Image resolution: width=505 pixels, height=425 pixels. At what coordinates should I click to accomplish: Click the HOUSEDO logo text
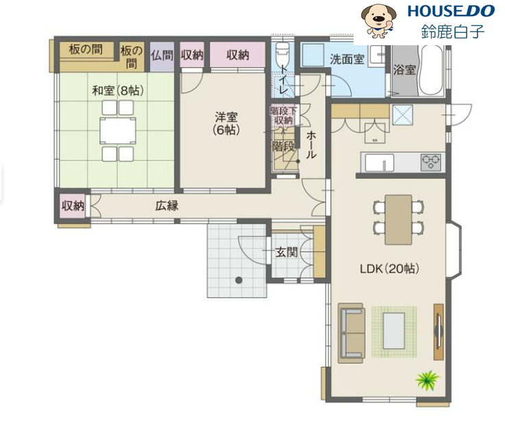pyautogui.click(x=451, y=11)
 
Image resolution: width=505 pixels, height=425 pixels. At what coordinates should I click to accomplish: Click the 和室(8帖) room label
pyautogui.click(x=118, y=90)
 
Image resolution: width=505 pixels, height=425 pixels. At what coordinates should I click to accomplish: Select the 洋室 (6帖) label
pyautogui.click(x=226, y=123)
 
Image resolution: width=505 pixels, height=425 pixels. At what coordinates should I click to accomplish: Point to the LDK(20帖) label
pyautogui.click(x=389, y=269)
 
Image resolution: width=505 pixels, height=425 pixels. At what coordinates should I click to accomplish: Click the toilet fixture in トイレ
pyautogui.click(x=283, y=53)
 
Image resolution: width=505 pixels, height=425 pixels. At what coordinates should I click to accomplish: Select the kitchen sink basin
pyautogui.click(x=379, y=163)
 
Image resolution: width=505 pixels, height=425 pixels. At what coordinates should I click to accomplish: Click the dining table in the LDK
pyautogui.click(x=398, y=219)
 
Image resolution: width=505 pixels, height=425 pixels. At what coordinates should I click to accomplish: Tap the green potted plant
pyautogui.click(x=428, y=380)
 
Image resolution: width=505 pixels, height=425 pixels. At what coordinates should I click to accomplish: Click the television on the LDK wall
pyautogui.click(x=439, y=331)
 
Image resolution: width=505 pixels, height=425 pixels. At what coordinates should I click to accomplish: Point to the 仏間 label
pyautogui.click(x=162, y=56)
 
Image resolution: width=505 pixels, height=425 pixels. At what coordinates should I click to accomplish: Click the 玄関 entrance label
pyautogui.click(x=286, y=252)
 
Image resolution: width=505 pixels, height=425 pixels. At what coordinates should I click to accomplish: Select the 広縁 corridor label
pyautogui.click(x=167, y=206)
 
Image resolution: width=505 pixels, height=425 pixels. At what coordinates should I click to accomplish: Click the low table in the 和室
pyautogui.click(x=118, y=131)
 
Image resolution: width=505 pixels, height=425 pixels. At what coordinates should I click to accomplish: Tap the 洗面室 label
pyautogui.click(x=347, y=59)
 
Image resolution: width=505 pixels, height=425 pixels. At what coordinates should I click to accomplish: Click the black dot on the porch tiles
pyautogui.click(x=238, y=280)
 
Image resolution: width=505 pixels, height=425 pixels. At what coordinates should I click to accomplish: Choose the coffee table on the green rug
pyautogui.click(x=393, y=330)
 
